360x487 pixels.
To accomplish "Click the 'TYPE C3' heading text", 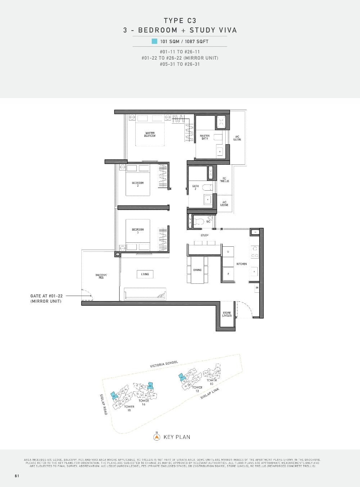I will click(x=180, y=21).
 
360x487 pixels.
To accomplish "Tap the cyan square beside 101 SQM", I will click(x=154, y=41).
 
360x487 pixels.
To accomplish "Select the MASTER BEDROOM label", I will click(x=150, y=135).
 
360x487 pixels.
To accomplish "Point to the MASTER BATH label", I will click(x=204, y=137).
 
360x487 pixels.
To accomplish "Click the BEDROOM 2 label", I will click(x=138, y=184).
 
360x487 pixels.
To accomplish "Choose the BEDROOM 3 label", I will click(x=138, y=231).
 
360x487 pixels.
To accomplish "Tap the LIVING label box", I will click(x=145, y=274).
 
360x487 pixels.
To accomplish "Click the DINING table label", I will click(x=197, y=270).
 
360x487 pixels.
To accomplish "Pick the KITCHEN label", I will click(x=242, y=264).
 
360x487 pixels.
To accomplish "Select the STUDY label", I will click(x=204, y=235).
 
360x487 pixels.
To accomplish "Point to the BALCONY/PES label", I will click(x=101, y=276).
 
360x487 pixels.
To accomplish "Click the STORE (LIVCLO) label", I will click(x=227, y=314).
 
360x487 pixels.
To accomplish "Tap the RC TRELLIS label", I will click(x=224, y=180).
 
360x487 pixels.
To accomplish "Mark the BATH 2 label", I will click(x=195, y=187).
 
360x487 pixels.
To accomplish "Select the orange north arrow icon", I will click(x=157, y=437).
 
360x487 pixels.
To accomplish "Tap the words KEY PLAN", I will click(x=177, y=437).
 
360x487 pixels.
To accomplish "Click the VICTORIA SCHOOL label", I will click(x=164, y=364).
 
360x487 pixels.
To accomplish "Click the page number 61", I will click(x=17, y=475).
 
